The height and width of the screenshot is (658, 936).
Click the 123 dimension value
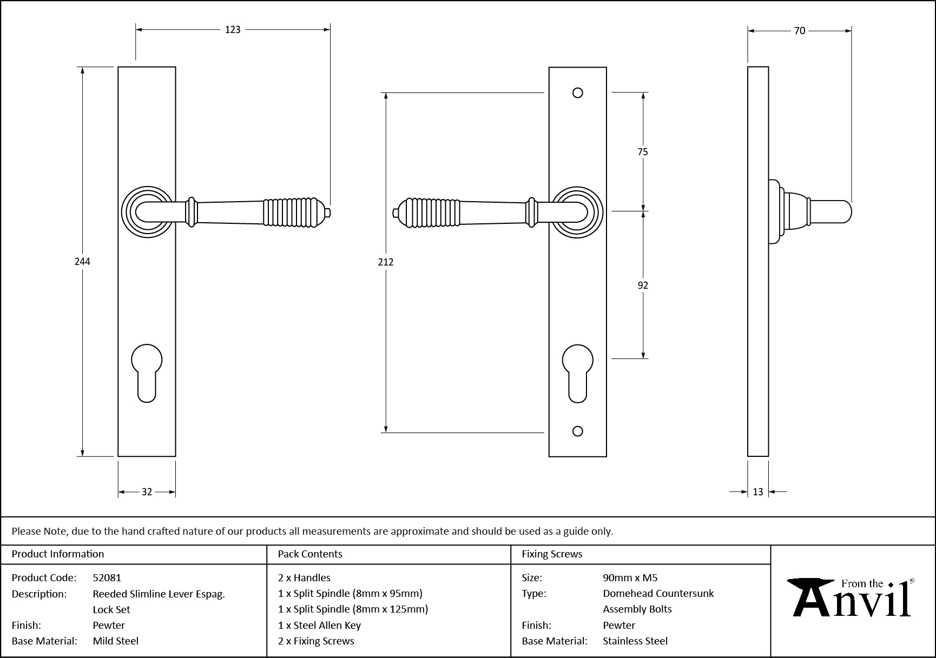pyautogui.click(x=233, y=30)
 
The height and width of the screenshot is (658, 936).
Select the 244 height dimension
pyautogui.click(x=82, y=262)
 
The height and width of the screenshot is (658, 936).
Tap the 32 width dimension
pyautogui.click(x=147, y=492)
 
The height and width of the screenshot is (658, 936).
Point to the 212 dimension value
pyautogui.click(x=386, y=262)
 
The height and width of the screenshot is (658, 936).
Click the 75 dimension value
pyautogui.click(x=642, y=152)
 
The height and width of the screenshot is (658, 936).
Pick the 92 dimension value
pyautogui.click(x=642, y=285)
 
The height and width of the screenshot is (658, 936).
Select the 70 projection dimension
pyautogui.click(x=799, y=31)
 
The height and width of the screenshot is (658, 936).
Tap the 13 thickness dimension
pyautogui.click(x=757, y=492)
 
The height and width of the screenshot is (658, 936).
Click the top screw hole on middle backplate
pyautogui.click(x=578, y=93)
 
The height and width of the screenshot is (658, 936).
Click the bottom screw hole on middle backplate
pyautogui.click(x=578, y=431)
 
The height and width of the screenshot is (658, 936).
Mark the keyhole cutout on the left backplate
pyautogui.click(x=147, y=372)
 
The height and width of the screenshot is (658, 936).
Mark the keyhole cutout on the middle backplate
pyautogui.click(x=578, y=372)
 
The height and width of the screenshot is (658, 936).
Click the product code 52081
pyautogui.click(x=107, y=577)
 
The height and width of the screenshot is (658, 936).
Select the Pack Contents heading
pyautogui.click(x=310, y=554)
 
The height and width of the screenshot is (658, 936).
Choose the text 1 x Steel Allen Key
pyautogui.click(x=319, y=625)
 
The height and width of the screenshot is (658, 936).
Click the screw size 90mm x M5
pyautogui.click(x=630, y=577)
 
